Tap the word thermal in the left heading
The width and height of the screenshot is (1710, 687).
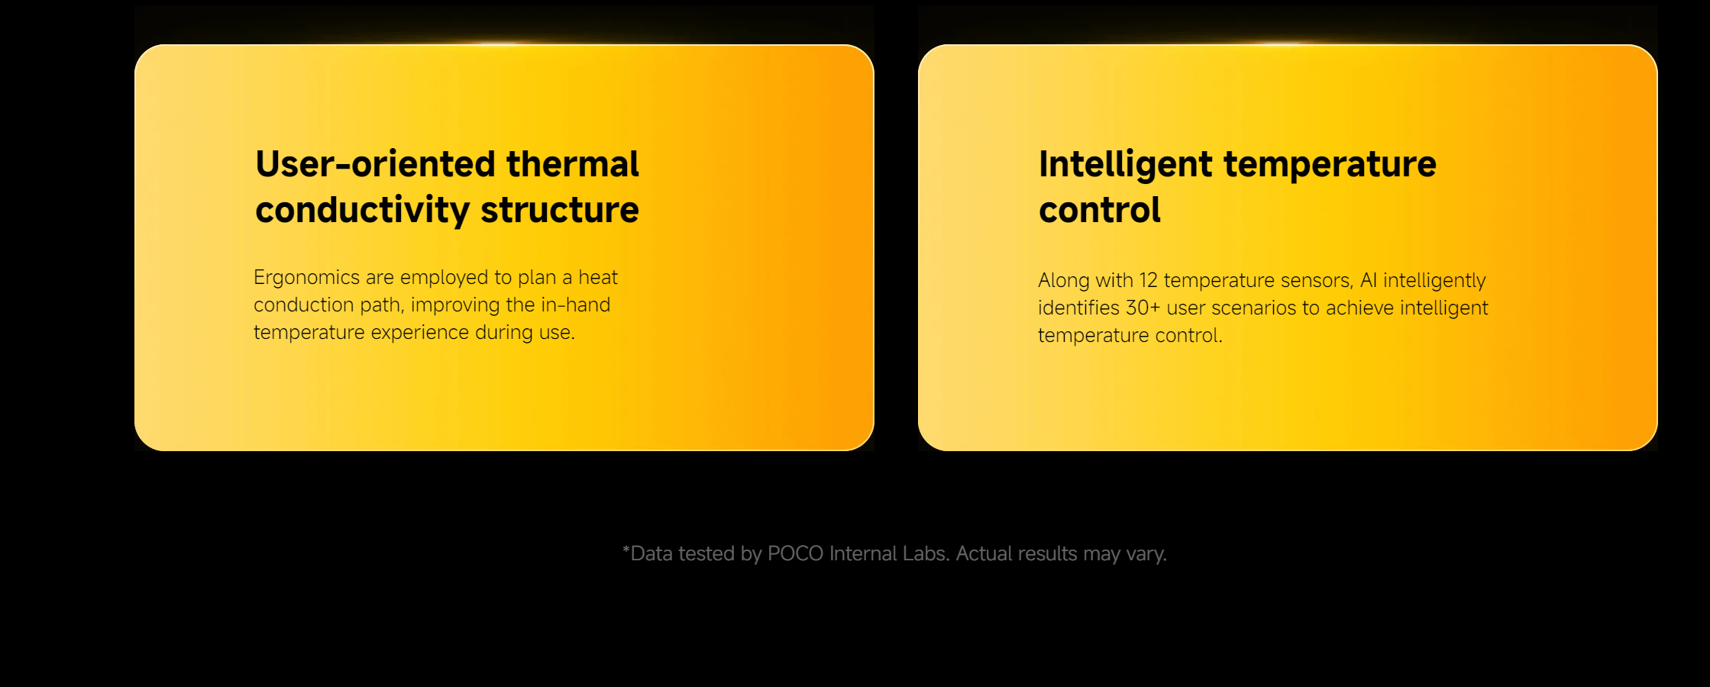(x=573, y=164)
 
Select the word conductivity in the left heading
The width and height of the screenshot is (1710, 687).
(x=362, y=211)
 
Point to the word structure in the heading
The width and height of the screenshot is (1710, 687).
(x=560, y=210)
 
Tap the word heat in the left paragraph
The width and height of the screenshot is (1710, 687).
(x=598, y=277)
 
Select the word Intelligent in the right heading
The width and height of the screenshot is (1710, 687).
(x=1126, y=165)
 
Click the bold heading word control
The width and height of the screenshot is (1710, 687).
(x=1100, y=210)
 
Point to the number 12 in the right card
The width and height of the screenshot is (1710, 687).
(x=1148, y=281)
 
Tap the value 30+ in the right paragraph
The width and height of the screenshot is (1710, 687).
(x=1143, y=308)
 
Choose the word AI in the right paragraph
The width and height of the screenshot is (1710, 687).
(x=1369, y=281)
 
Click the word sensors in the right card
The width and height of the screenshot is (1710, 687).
(x=1317, y=281)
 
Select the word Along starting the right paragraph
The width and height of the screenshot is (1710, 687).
(x=1064, y=281)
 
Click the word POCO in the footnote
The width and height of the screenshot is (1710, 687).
(x=795, y=553)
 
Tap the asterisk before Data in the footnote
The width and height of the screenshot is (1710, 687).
(x=626, y=550)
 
